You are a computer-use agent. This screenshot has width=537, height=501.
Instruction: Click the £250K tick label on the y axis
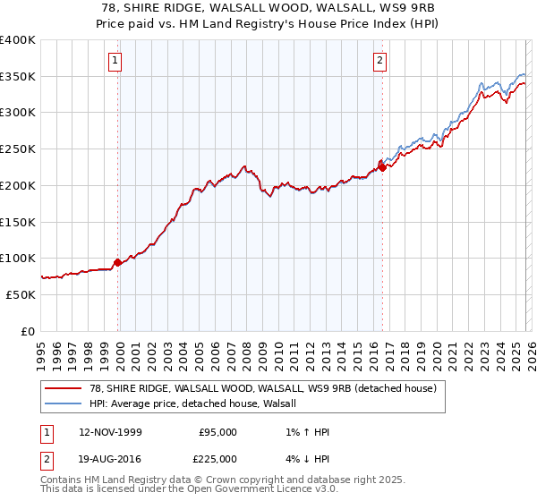click(x=17, y=149)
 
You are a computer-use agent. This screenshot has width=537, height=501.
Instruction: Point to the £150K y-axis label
click(x=17, y=222)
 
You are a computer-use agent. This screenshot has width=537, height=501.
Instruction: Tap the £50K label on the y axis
click(x=21, y=294)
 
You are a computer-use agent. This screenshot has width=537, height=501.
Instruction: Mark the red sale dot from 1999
click(x=117, y=262)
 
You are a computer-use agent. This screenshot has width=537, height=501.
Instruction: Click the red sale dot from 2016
click(x=382, y=166)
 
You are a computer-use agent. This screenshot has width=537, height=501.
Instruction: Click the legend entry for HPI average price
click(x=198, y=404)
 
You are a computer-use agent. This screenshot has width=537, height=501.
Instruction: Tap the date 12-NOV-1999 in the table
click(x=110, y=432)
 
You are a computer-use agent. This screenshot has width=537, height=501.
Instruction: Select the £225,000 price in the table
click(x=217, y=459)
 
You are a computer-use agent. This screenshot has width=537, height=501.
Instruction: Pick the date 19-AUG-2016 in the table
click(x=110, y=459)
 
